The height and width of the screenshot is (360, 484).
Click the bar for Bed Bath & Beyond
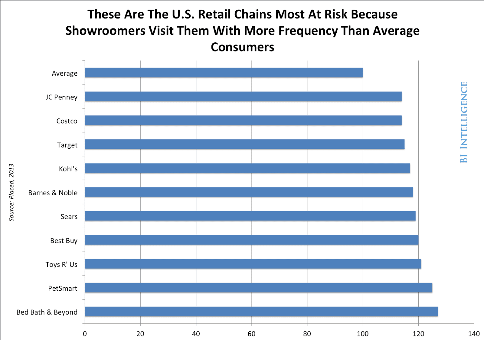(x=261, y=312)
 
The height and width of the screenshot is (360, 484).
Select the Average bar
(x=224, y=73)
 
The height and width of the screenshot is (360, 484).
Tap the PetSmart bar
(x=258, y=288)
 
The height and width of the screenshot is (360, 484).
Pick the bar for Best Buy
(x=251, y=240)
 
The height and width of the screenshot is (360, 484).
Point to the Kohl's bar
(x=247, y=168)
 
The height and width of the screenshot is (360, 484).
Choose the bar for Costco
(x=243, y=121)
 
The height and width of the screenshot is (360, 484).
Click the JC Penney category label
(x=61, y=97)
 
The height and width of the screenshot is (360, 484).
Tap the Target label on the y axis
(x=67, y=145)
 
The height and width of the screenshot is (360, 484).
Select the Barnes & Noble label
(x=53, y=193)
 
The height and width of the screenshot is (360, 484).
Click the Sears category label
(x=69, y=217)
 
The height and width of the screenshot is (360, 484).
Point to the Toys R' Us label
(x=61, y=265)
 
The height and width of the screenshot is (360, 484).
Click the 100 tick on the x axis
(x=363, y=334)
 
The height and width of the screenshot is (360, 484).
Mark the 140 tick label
(x=474, y=334)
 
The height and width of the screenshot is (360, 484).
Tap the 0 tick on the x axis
(x=85, y=334)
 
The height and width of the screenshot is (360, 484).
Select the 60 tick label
(x=251, y=334)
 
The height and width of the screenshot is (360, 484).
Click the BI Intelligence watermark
(x=464, y=122)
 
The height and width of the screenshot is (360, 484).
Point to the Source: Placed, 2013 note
(x=11, y=193)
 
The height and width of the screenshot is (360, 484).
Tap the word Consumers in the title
(x=242, y=47)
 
